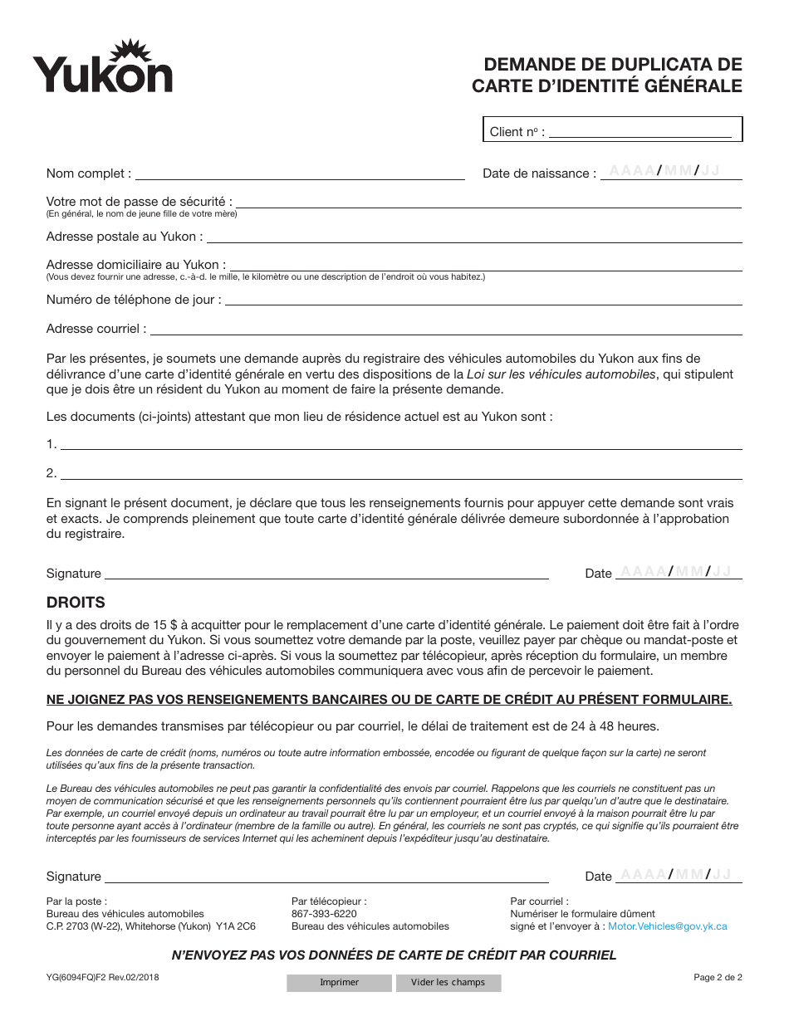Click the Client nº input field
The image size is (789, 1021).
[x=640, y=130]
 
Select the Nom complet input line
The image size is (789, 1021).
[x=300, y=173]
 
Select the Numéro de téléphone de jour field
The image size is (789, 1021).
[x=483, y=299]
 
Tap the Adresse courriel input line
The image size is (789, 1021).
[x=445, y=328]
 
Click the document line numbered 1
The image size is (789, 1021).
[x=401, y=443]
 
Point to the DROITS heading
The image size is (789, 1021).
[x=76, y=603]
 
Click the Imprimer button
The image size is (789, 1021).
[x=339, y=983]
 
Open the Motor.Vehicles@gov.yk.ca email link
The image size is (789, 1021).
[x=667, y=926]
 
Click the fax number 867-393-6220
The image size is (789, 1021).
[x=324, y=914]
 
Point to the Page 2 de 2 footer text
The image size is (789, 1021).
[x=718, y=978]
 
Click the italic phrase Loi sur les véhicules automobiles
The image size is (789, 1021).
[x=561, y=374]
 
